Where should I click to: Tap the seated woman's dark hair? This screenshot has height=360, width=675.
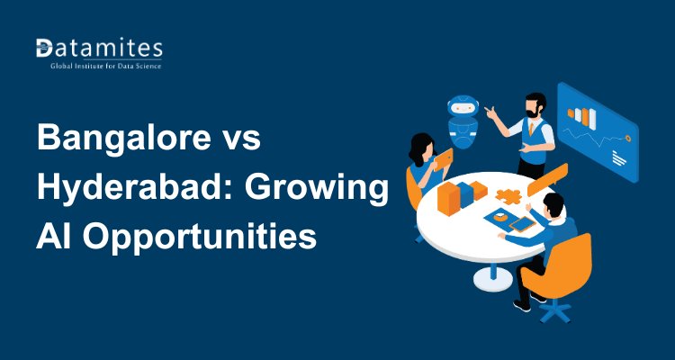coord(421,144)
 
